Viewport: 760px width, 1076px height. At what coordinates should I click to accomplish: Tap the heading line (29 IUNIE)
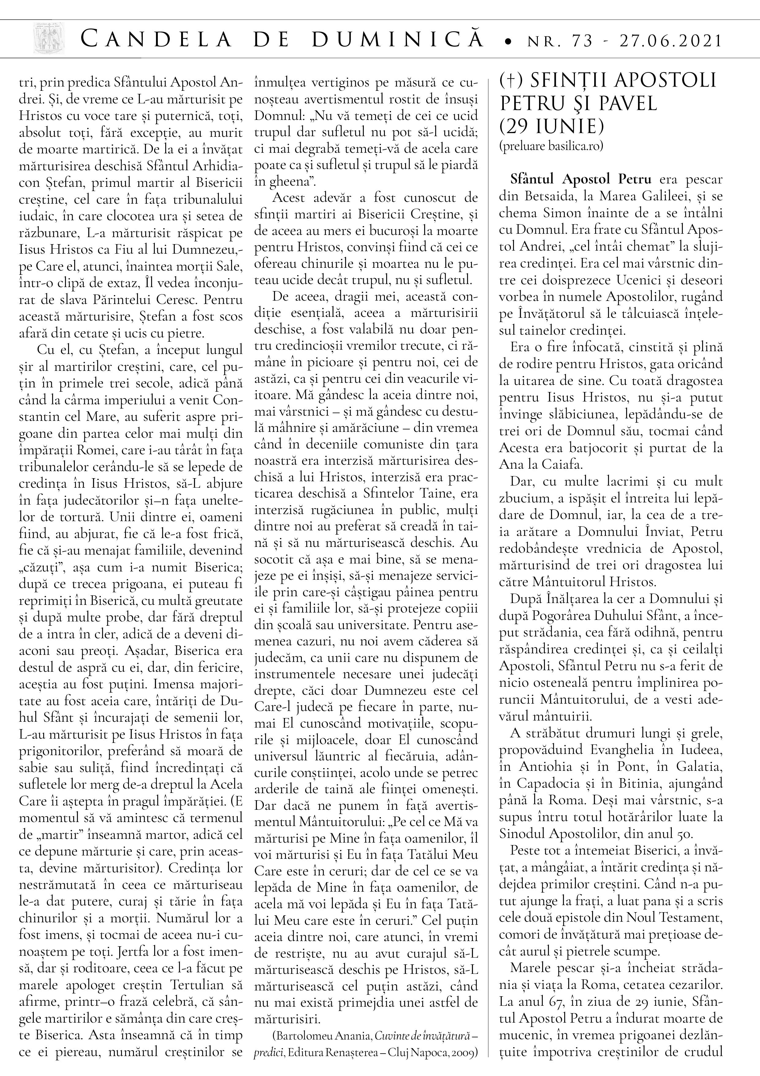tap(551, 126)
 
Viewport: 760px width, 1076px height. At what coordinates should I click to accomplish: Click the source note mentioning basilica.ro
tap(551, 146)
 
